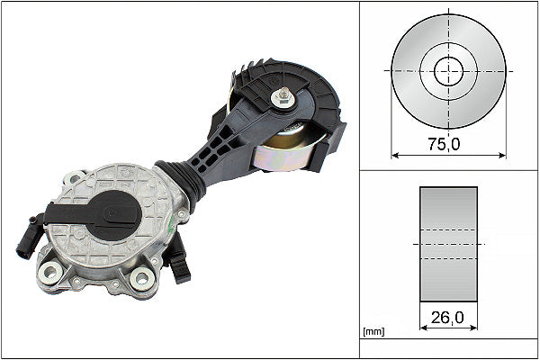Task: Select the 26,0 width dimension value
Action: tap(447, 317)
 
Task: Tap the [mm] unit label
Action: tap(372, 332)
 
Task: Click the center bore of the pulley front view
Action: tap(447, 70)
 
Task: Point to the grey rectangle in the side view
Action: tap(448, 244)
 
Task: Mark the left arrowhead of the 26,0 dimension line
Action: tap(423, 329)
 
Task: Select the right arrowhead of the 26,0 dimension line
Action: tap(473, 329)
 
